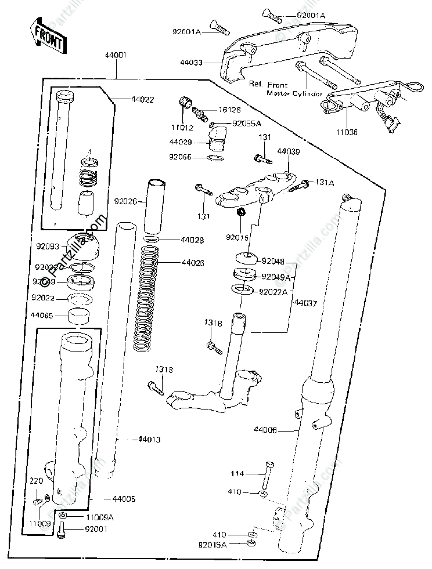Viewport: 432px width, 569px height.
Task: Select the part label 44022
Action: point(142,99)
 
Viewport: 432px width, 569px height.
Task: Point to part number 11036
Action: point(347,131)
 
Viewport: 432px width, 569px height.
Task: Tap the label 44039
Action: point(288,152)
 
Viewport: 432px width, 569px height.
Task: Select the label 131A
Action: point(323,181)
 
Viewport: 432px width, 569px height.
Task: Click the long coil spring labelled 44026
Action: point(145,296)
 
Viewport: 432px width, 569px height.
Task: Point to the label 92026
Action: point(125,202)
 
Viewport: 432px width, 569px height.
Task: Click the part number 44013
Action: point(149,440)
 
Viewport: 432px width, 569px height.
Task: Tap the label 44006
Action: point(265,430)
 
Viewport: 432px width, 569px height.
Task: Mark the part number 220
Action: point(37,480)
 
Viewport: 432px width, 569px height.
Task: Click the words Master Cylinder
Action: point(294,93)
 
